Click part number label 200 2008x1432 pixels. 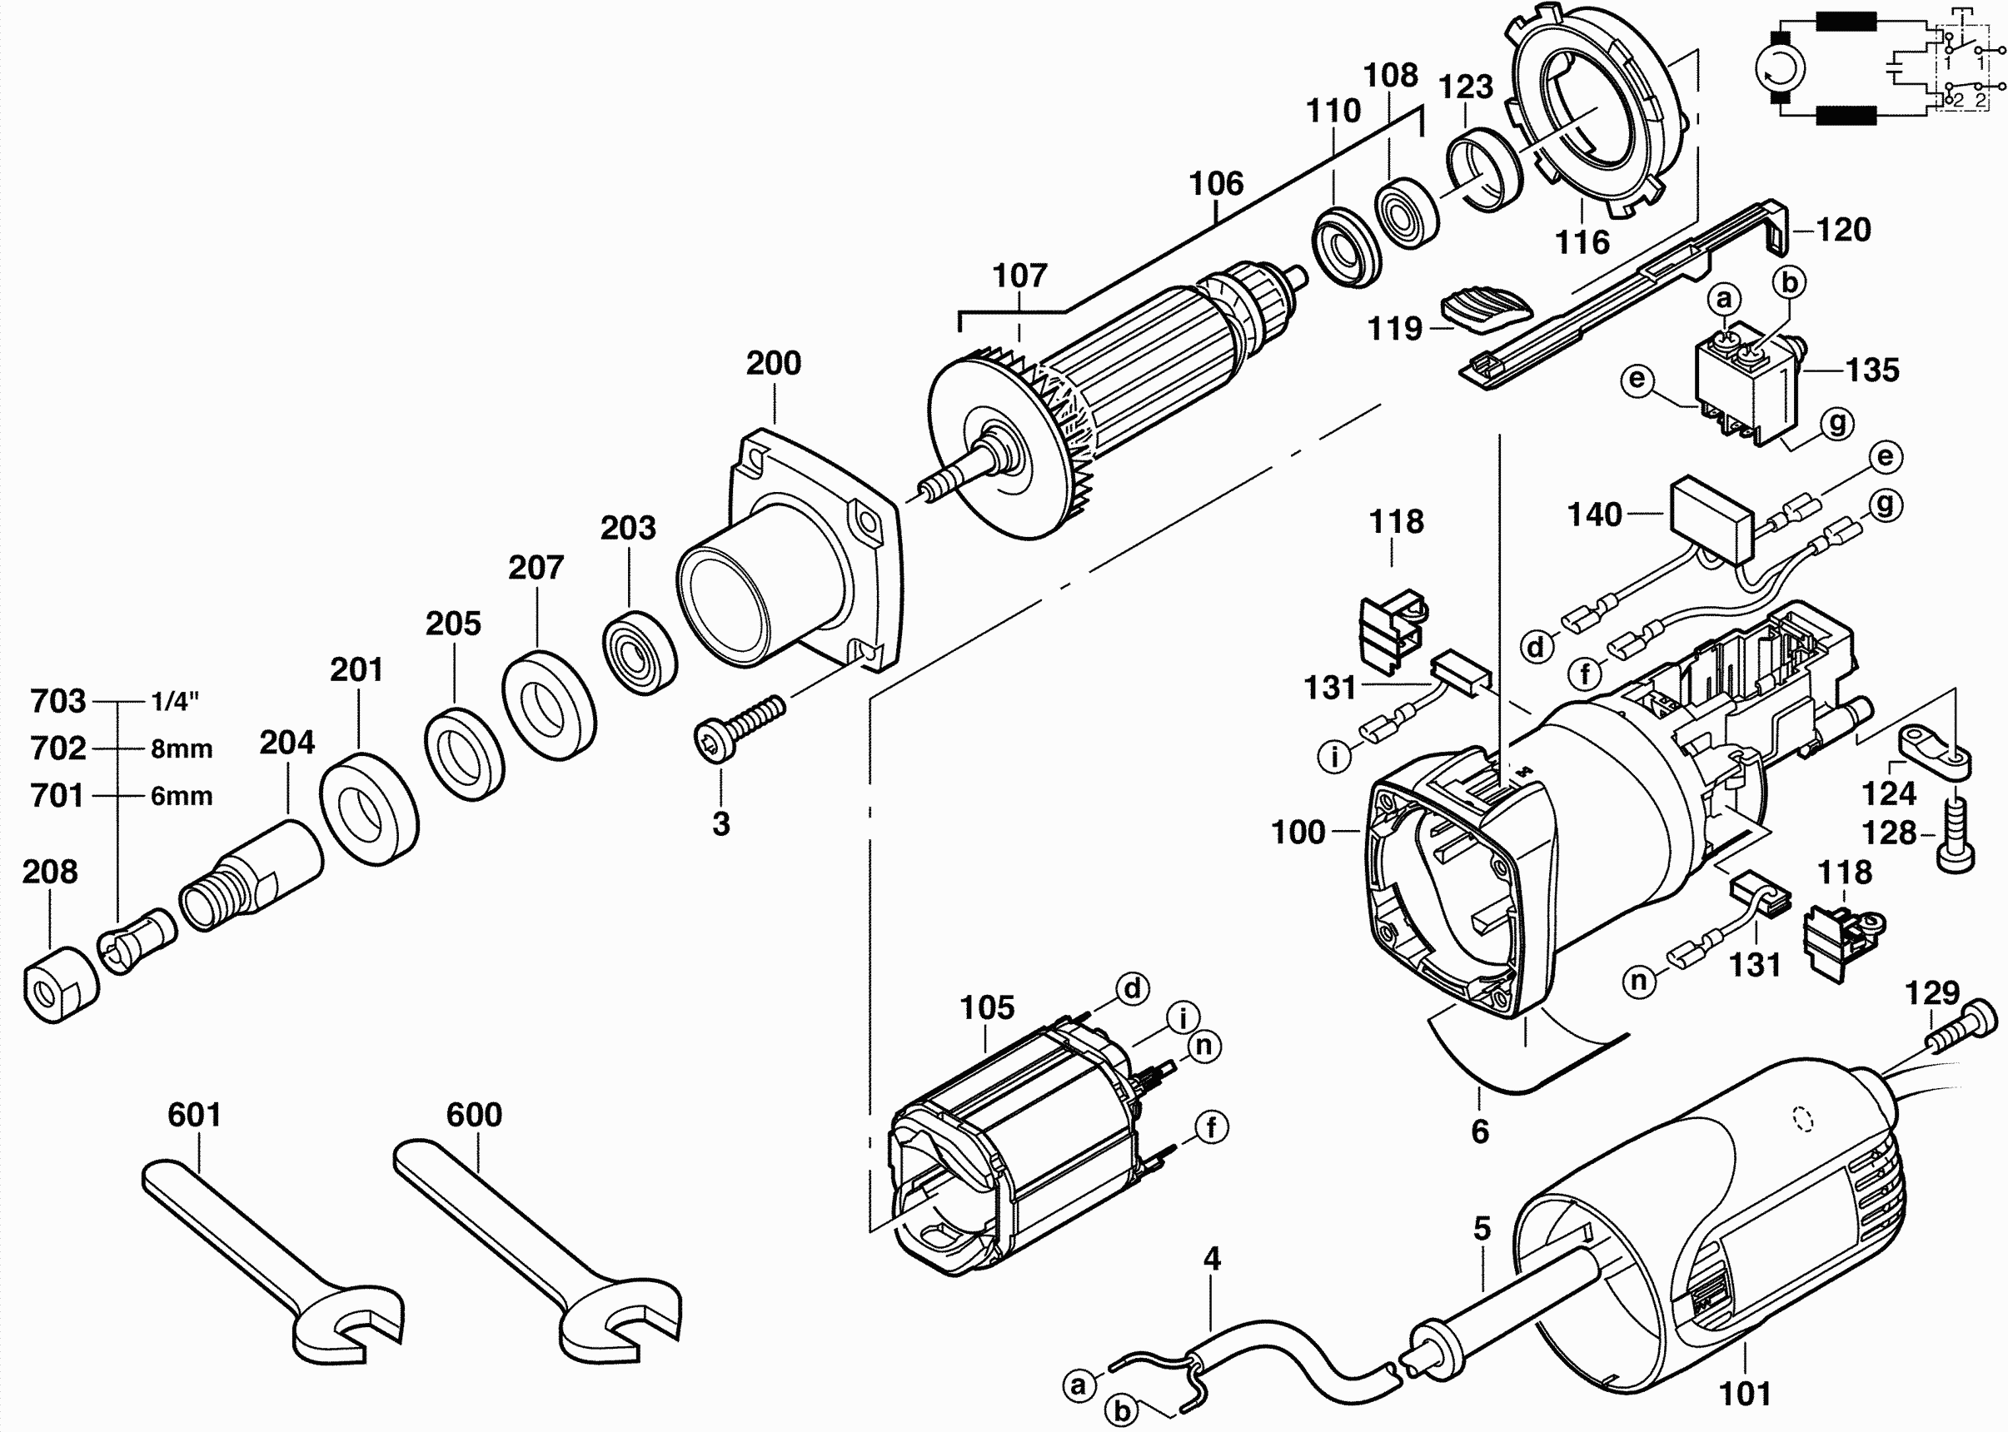(x=774, y=363)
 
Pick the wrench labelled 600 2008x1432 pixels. (x=538, y=1251)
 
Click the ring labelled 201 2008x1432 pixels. (x=369, y=807)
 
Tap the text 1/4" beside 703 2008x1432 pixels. (x=176, y=702)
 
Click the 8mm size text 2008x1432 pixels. (x=182, y=748)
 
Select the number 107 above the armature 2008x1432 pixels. (x=1019, y=276)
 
